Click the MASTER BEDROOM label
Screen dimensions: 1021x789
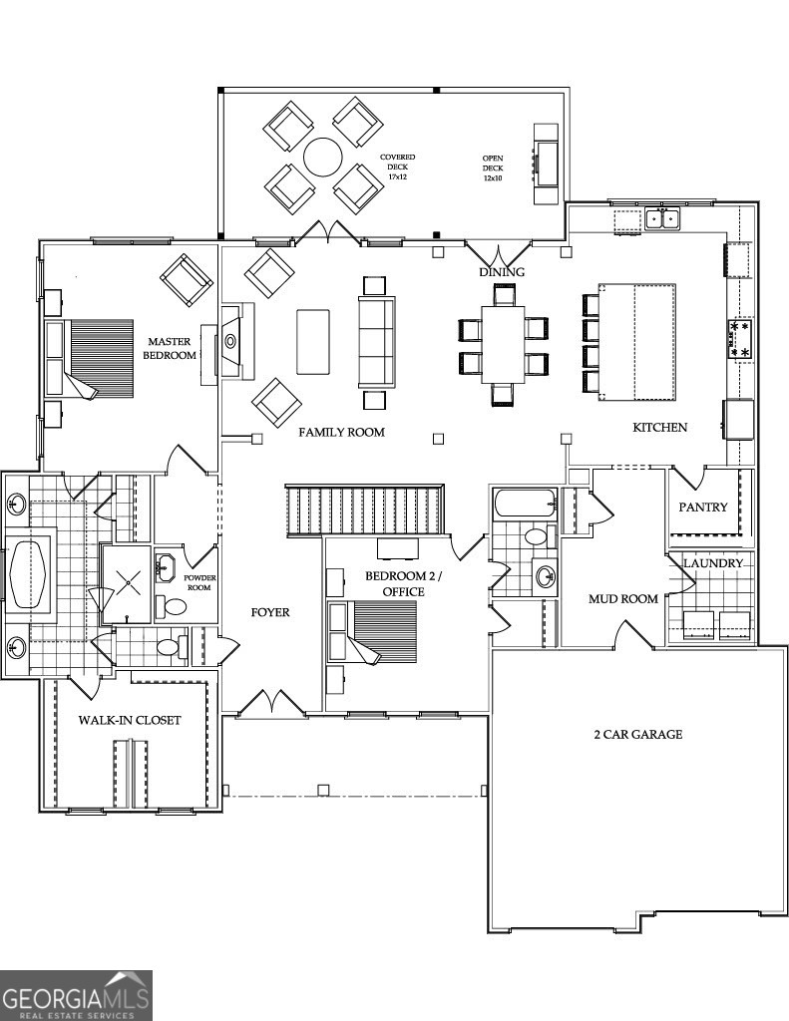170,348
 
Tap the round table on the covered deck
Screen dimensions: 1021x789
323,157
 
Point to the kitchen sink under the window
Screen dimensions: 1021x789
661,216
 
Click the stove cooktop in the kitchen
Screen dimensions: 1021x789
740,339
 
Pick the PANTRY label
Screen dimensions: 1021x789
703,507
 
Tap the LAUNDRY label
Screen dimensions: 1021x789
713,563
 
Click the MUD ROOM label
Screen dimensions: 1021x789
623,599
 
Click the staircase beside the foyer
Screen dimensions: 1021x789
364,509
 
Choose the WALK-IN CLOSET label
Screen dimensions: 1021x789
130,720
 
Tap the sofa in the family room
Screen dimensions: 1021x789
376,341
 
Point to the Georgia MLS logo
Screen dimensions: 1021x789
76,995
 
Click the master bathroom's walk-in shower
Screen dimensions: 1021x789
127,582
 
